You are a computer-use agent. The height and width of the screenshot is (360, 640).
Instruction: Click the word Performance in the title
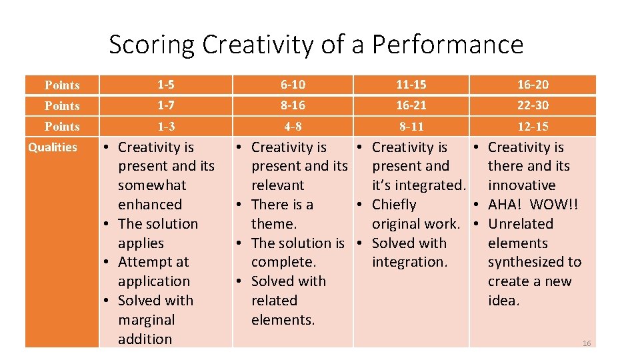[x=447, y=45]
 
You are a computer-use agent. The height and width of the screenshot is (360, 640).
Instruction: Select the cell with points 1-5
[x=166, y=85]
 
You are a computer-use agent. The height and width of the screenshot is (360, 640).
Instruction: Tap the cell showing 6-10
[x=293, y=85]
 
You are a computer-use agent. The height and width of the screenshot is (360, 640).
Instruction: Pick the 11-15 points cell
[x=411, y=85]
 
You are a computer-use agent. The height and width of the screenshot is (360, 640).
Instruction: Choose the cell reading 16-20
[x=533, y=85]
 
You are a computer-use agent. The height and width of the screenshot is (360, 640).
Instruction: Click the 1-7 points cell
[x=166, y=105]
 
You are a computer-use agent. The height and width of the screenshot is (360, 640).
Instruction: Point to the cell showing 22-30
[x=533, y=105]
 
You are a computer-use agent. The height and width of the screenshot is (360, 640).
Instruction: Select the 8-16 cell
[x=293, y=105]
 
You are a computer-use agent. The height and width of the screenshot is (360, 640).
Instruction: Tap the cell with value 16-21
[x=411, y=105]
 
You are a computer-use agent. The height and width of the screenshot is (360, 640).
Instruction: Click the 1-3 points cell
[x=166, y=126]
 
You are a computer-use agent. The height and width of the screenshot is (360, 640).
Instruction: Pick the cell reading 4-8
[x=293, y=126]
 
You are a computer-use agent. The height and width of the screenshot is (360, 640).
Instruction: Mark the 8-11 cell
[x=411, y=126]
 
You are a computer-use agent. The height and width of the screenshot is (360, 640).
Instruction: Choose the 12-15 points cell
[x=533, y=126]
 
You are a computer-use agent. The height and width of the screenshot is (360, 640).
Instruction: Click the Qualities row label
[x=53, y=147]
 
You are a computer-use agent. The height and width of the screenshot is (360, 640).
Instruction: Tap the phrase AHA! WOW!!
[x=533, y=205]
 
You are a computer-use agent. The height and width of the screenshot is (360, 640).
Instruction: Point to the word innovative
[x=521, y=185]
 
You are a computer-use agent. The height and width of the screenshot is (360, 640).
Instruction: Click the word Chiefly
[x=394, y=205]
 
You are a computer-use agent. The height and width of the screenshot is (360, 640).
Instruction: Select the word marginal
[x=146, y=320]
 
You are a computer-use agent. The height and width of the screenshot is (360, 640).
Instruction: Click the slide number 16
[x=587, y=343]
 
